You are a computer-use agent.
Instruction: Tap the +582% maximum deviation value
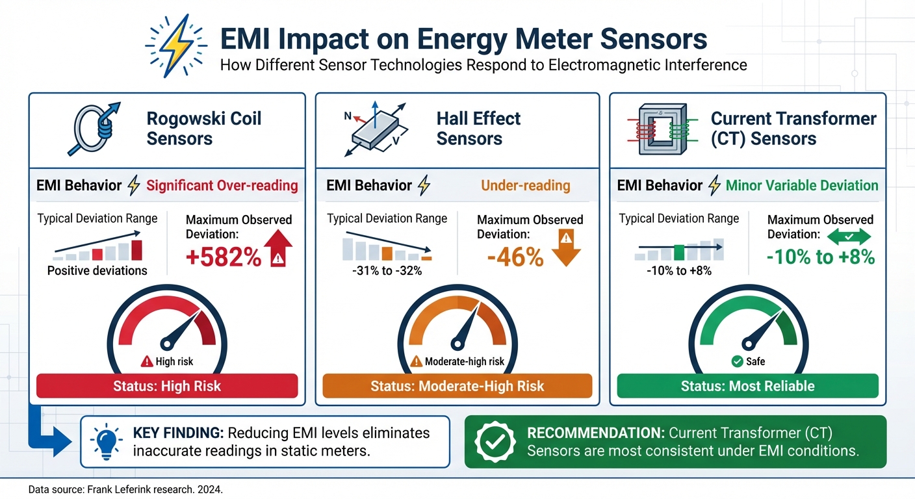[x=224, y=258]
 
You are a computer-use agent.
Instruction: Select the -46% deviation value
[x=515, y=257]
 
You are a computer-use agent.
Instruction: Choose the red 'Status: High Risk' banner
[x=167, y=386]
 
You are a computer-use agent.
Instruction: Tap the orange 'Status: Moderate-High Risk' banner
[x=457, y=386]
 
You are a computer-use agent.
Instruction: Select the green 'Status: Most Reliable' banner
[x=747, y=386]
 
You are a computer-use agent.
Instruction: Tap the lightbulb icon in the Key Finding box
[x=107, y=441]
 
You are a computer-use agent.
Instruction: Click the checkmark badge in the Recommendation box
[x=495, y=441]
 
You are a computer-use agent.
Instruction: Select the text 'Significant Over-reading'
[x=222, y=186]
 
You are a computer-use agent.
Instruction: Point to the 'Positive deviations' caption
[x=97, y=271]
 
